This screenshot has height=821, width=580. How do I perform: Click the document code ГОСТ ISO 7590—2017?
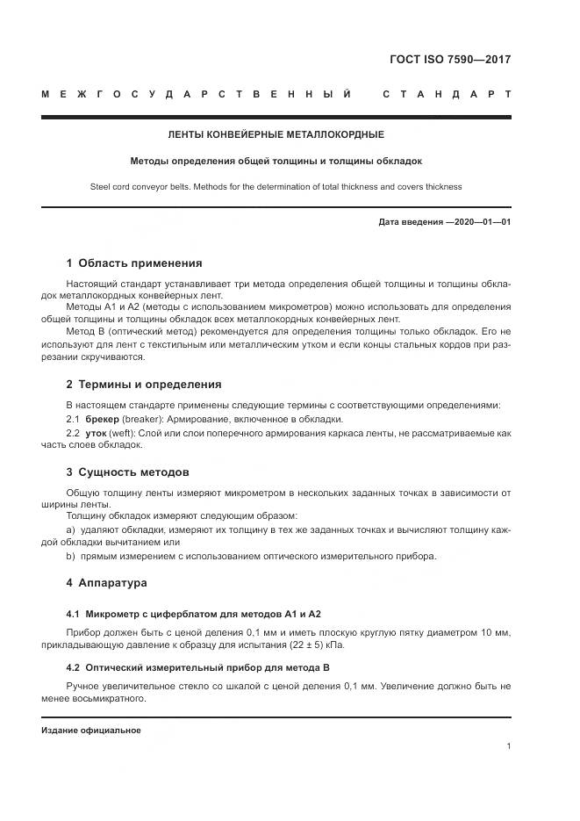point(449,60)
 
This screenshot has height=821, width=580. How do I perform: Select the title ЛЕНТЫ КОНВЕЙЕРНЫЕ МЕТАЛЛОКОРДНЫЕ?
point(276,135)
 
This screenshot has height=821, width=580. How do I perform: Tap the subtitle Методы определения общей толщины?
point(276,162)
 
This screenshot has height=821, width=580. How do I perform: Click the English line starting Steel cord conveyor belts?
point(276,187)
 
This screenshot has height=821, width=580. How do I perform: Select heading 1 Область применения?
point(134,263)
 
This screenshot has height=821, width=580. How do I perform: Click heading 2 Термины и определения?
point(144,385)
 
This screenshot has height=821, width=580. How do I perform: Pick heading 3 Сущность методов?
point(128,472)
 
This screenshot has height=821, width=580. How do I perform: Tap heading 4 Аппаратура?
point(106,582)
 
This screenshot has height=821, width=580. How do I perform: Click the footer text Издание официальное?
point(90,731)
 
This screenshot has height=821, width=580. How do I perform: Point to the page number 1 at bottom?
point(508,746)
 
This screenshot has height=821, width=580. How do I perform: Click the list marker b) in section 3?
point(71,556)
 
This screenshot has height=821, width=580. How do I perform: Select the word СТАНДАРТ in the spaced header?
point(447,93)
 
